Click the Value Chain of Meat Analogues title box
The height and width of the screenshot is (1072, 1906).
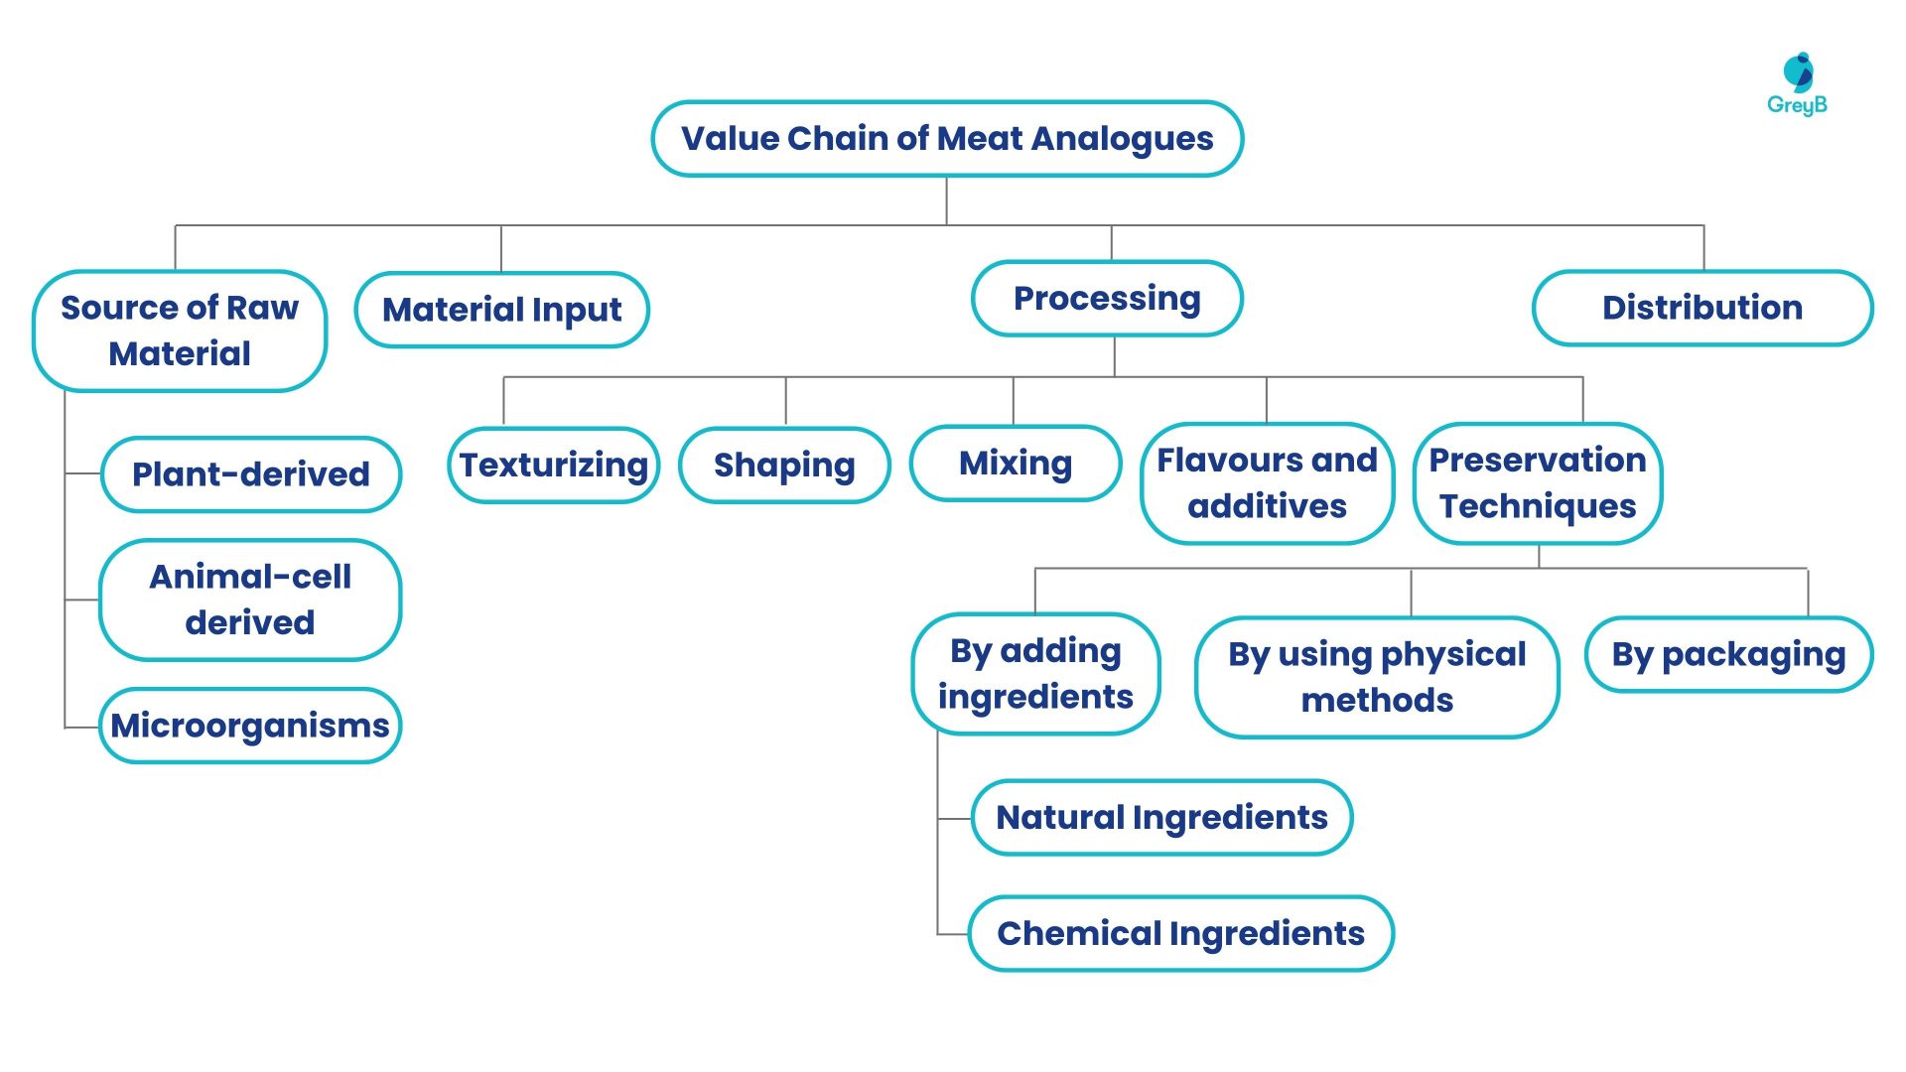946,139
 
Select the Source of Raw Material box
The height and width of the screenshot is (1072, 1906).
180,331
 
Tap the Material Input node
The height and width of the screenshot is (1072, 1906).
501,310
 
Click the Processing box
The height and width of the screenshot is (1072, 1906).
1107,299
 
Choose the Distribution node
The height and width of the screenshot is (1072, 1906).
1702,308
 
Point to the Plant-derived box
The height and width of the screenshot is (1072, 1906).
250,474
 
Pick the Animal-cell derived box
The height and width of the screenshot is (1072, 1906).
250,600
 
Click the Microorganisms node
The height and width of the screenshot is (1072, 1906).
250,726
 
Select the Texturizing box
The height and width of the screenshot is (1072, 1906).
553,465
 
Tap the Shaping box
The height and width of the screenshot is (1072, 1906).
784,465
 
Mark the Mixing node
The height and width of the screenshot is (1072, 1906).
1015,464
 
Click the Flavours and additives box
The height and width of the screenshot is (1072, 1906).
1267,483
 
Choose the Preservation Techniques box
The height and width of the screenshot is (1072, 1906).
1537,483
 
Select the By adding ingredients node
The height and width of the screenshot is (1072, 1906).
1035,674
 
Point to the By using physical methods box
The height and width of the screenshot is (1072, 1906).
1377,677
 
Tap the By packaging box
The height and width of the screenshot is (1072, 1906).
1728,654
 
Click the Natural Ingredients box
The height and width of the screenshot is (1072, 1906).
1161,818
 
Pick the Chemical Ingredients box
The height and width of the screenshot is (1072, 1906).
1180,934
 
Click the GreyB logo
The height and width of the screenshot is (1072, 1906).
1797,85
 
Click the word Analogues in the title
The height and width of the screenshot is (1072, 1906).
1122,139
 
